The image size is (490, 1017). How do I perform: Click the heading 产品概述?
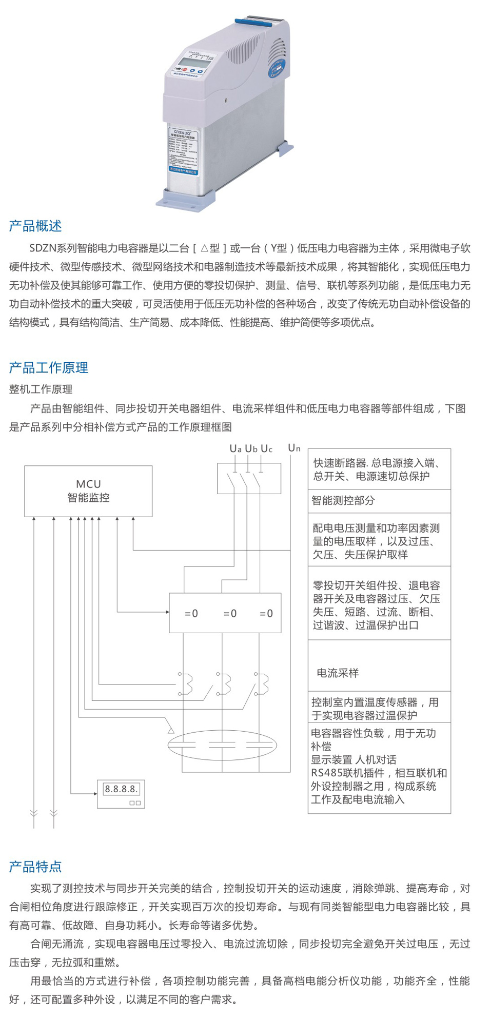coord(35,226)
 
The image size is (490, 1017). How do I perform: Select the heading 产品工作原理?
coord(49,367)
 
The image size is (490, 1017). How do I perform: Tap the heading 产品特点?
coord(35,867)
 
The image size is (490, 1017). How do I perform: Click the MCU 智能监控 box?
coord(88,491)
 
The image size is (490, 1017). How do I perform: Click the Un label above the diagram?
coord(294,448)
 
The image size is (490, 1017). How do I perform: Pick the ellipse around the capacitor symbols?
coord(222,745)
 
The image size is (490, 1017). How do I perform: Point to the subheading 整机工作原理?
coord(41,389)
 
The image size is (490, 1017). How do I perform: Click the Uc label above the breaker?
coord(266,448)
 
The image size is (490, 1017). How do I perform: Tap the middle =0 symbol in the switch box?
coord(230,613)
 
